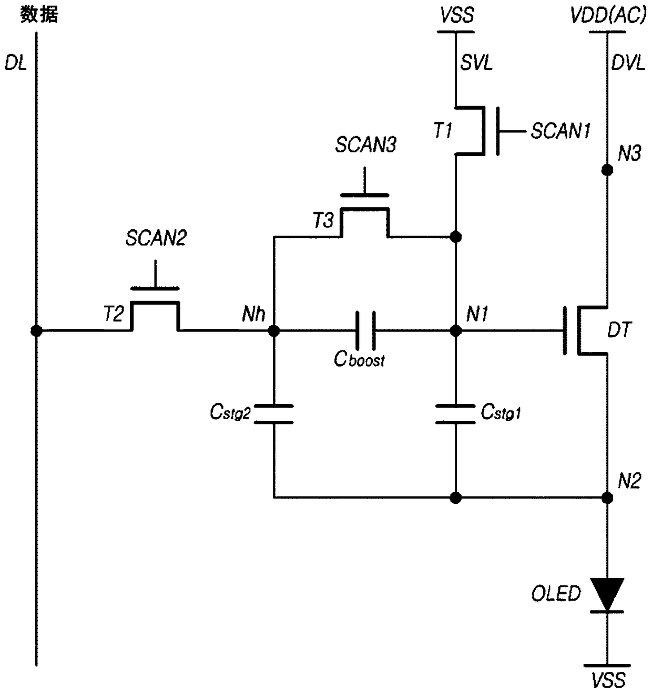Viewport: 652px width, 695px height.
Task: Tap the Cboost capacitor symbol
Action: pos(365,330)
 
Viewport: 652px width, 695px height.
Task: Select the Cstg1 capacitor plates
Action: pos(455,414)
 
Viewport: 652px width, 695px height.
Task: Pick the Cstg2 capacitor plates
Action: pos(273,414)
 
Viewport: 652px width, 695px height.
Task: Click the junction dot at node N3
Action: pos(607,170)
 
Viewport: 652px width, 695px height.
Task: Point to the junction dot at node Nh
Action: pos(273,330)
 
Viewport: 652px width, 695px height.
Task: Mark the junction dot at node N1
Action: pos(455,330)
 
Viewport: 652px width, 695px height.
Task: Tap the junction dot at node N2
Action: pos(607,497)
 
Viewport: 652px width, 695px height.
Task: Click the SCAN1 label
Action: pos(561,131)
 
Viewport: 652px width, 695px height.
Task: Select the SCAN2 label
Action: pos(156,238)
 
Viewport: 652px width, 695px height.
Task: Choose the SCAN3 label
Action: pos(366,144)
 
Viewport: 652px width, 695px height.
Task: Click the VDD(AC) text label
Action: pos(608,15)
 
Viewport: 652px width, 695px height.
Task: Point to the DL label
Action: pos(16,64)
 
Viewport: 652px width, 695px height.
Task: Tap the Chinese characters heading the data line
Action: pos(39,15)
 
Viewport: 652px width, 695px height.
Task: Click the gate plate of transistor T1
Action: pos(497,131)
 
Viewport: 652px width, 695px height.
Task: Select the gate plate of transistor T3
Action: pos(365,195)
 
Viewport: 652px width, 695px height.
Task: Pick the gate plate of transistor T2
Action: pos(155,288)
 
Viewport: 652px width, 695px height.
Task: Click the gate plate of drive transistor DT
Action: pos(565,330)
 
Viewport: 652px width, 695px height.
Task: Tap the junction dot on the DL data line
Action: pos(36,330)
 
